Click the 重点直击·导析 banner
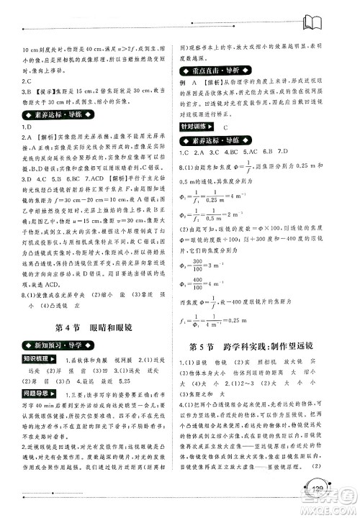coord(215,68)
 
